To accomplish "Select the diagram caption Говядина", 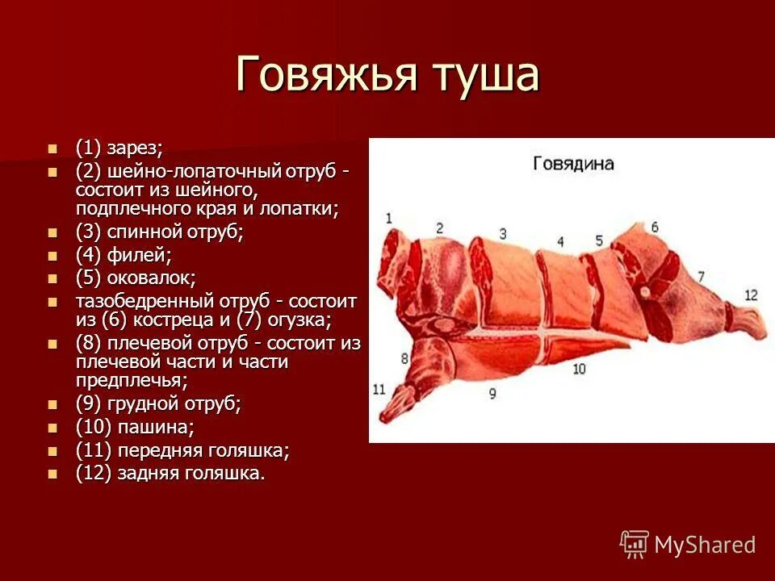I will (573, 164).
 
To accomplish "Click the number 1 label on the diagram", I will (388, 217).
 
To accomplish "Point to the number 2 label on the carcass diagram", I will (439, 228).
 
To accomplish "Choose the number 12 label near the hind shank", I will (751, 295).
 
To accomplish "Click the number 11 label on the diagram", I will (379, 390).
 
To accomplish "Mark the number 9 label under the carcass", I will (492, 394).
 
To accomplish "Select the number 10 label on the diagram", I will (578, 369).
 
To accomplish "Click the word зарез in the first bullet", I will (136, 148).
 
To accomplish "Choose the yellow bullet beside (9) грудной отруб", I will (53, 403).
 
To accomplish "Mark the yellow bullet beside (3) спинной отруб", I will (53, 232).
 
